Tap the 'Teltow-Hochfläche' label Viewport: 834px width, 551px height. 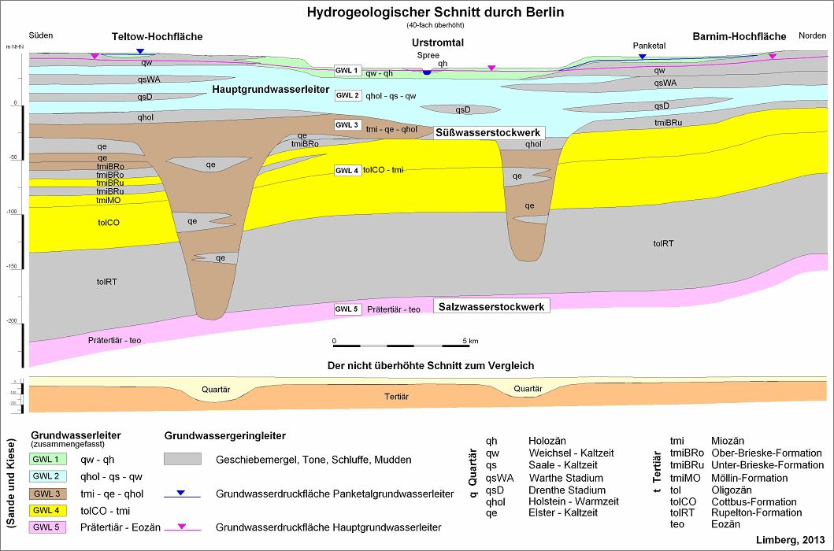(x=157, y=37)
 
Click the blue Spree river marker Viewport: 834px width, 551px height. (x=427, y=72)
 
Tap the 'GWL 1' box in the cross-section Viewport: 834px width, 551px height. (x=347, y=71)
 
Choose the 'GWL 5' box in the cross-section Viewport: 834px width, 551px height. (x=347, y=309)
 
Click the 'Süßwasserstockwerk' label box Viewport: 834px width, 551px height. (x=487, y=133)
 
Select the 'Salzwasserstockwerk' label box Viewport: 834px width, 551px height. (x=491, y=305)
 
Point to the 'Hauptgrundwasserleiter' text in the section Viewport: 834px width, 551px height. (x=270, y=91)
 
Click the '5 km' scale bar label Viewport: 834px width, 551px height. (x=470, y=341)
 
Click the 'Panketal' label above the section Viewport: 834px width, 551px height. (x=649, y=46)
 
